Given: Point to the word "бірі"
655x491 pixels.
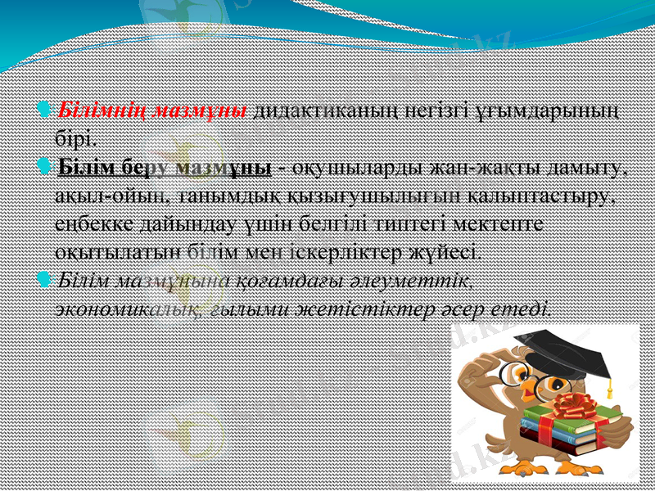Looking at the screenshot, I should [x=78, y=133].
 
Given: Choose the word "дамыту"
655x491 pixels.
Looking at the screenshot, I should [x=591, y=168].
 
